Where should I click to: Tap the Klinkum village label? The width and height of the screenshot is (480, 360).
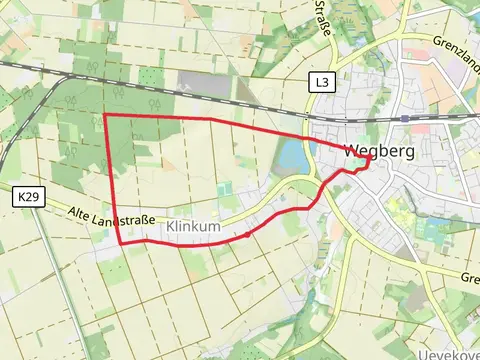tap(193, 227)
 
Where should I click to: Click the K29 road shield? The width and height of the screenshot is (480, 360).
tap(29, 199)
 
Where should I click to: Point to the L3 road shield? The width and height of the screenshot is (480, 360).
tap(319, 81)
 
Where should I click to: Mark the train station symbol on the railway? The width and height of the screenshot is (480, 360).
tap(403, 117)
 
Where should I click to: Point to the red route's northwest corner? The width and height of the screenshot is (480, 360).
tap(106, 116)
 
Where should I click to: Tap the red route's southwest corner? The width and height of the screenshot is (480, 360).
tap(121, 242)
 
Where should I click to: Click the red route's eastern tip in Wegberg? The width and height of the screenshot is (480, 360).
tap(371, 158)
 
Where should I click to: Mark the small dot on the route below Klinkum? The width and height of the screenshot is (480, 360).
tap(247, 235)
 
